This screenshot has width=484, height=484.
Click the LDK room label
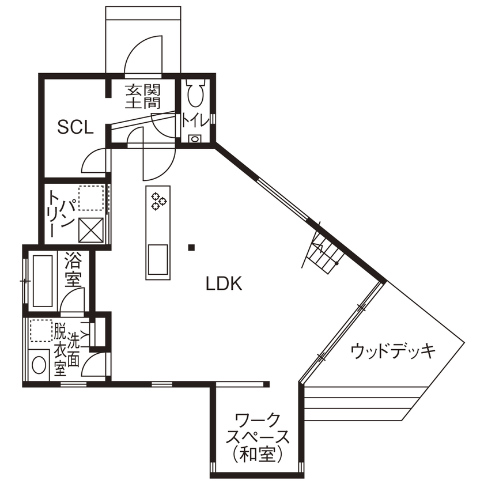[x=222, y=283]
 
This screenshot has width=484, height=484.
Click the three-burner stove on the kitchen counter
[x=158, y=200]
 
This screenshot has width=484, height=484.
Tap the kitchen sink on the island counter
[x=158, y=259]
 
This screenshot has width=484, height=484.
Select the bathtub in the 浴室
[x=43, y=281]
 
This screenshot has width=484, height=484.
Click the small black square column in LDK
[x=191, y=248]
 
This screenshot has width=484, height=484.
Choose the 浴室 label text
[x=73, y=269]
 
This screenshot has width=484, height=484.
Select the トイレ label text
[x=195, y=121]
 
